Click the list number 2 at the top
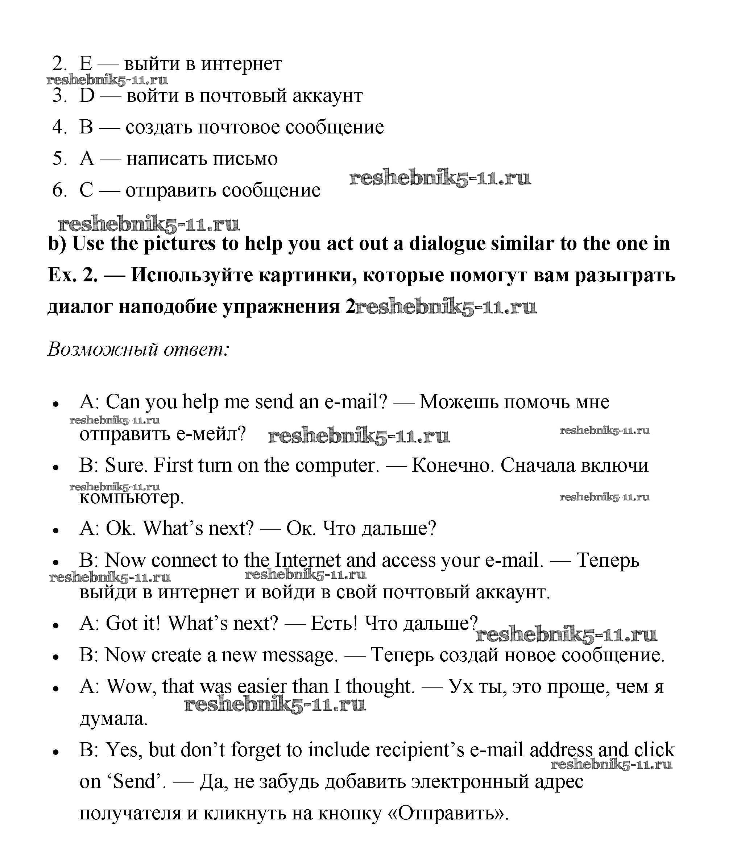pos(59,64)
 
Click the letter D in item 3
pos(87,95)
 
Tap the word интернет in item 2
pos(241,64)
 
